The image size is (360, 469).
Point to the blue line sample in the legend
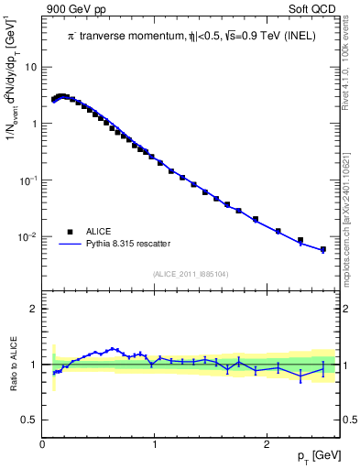click(70, 244)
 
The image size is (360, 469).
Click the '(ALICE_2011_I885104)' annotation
click(190, 273)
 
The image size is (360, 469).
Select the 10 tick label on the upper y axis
click(30, 67)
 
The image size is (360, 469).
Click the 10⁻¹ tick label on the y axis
click(28, 180)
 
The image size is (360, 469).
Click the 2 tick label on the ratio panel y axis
click(34, 309)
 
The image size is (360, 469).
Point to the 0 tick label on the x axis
click(43, 445)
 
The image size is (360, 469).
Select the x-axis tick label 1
click(155, 445)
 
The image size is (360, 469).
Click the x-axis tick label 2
click(267, 445)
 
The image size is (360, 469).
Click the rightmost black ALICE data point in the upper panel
click(322, 249)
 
